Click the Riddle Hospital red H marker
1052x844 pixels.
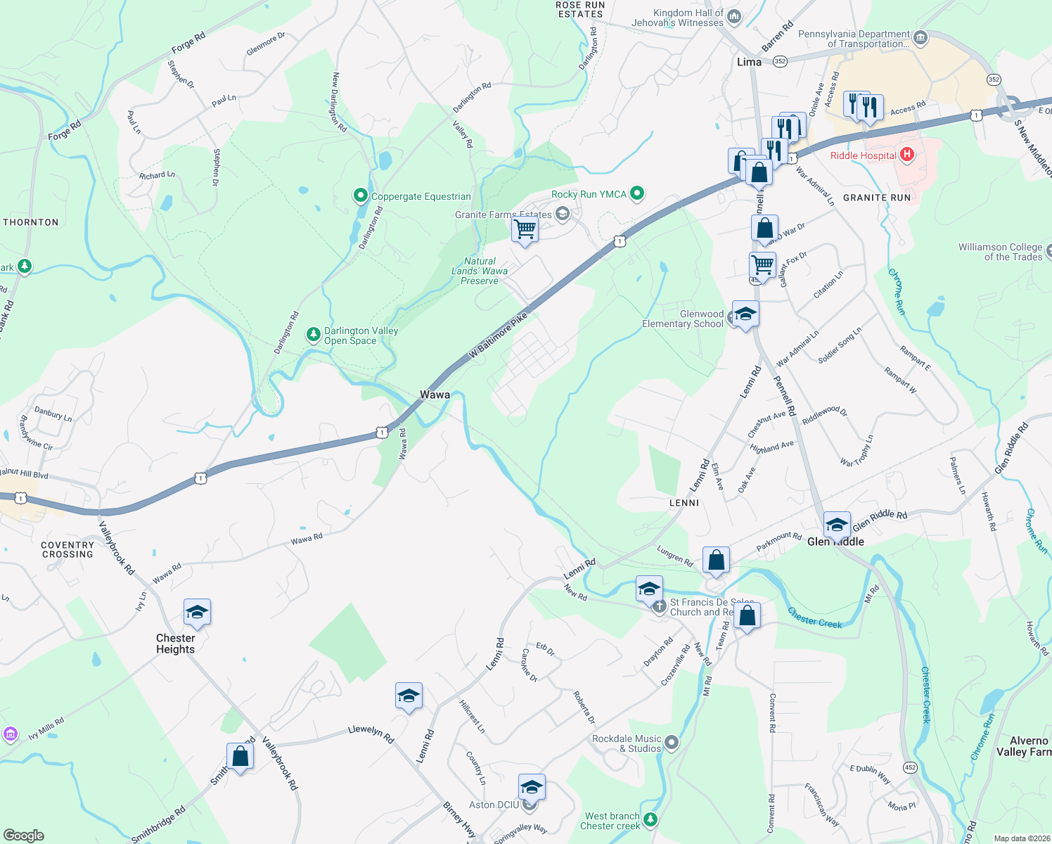click(x=907, y=155)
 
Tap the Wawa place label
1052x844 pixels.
click(x=435, y=395)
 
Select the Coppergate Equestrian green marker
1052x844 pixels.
click(x=361, y=195)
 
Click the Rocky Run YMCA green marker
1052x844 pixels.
click(x=637, y=193)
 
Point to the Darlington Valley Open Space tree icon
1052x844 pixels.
click(x=314, y=335)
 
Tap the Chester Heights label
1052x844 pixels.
click(x=176, y=644)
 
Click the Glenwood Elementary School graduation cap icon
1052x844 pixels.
click(x=745, y=314)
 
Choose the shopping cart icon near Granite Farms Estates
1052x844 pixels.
click(x=525, y=229)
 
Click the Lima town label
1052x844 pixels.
click(x=749, y=62)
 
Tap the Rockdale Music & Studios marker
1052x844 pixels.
click(x=672, y=742)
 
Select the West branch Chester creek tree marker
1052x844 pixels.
click(x=650, y=819)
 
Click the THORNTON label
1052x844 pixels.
click(x=31, y=222)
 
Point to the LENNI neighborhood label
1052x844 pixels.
click(x=684, y=503)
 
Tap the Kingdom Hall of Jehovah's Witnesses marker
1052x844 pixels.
click(x=734, y=15)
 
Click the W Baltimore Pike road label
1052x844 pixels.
click(x=498, y=336)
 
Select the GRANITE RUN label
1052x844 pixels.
click(x=877, y=198)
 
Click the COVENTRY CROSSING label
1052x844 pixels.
click(x=68, y=550)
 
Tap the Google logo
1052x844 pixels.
click(x=23, y=836)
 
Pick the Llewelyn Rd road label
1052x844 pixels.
click(x=371, y=734)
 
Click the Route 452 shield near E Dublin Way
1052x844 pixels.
click(x=911, y=767)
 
